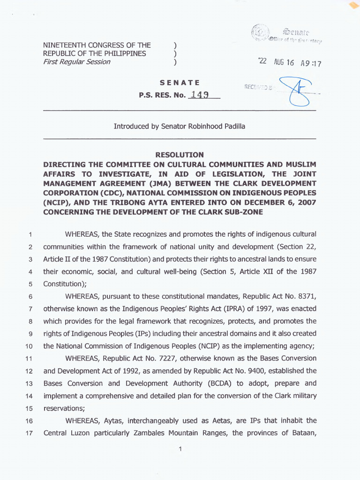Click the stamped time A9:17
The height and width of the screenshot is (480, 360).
(311, 64)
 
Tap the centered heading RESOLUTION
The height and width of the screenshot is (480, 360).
(180, 155)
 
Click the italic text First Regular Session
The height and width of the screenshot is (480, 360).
(77, 62)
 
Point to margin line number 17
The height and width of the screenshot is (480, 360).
(30, 433)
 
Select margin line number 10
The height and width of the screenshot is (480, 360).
(30, 346)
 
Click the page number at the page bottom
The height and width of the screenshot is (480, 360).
(180, 450)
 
